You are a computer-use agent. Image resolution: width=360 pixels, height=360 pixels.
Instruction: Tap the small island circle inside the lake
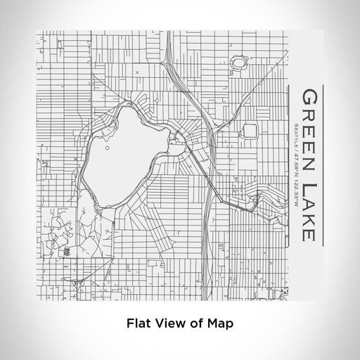click(106, 148)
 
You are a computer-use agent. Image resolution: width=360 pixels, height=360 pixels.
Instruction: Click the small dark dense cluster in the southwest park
click(68, 251)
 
